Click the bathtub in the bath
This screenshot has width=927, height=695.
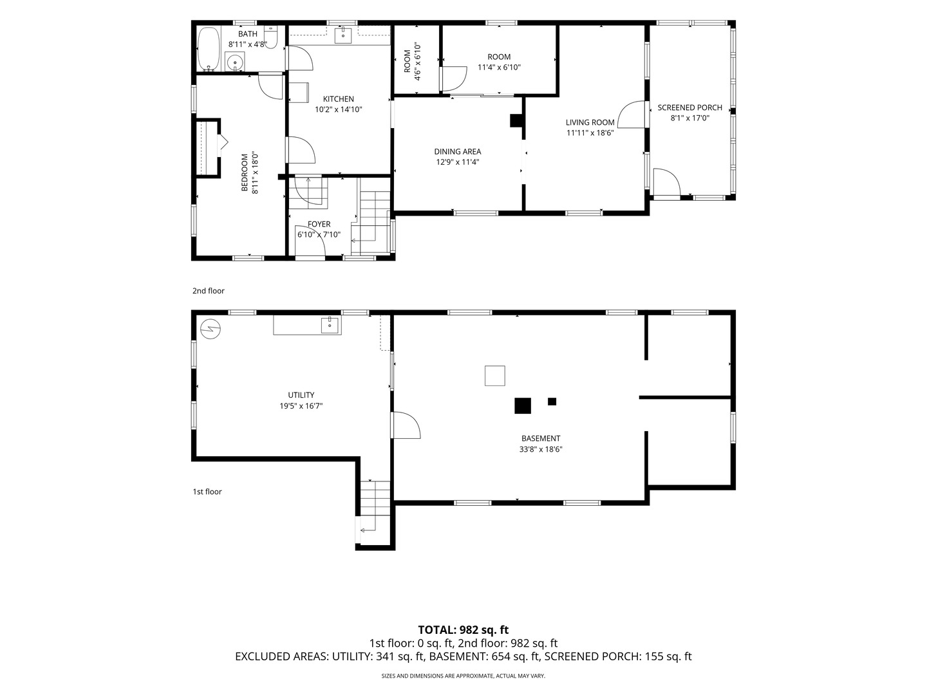[x=208, y=48]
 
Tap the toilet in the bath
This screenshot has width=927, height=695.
[x=271, y=37]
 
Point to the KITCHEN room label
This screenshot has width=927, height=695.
[x=338, y=99]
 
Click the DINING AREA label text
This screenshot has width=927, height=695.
[x=457, y=151]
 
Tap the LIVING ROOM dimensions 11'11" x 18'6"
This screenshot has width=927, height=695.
[x=590, y=133]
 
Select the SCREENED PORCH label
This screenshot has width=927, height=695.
[x=689, y=107]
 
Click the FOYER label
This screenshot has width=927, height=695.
[x=319, y=224]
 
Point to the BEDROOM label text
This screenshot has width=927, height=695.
[x=245, y=172]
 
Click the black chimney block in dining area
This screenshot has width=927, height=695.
[x=516, y=121]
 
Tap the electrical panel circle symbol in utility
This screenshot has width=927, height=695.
[x=211, y=329]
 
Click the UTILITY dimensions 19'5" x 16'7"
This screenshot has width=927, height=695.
[x=301, y=406]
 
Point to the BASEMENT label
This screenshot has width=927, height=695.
[x=541, y=438]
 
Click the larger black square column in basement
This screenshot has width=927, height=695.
[x=523, y=405]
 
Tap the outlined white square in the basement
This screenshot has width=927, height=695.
[x=495, y=376]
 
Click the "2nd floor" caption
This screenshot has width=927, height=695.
[x=209, y=291]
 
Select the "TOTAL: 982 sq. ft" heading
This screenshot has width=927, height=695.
[x=464, y=629]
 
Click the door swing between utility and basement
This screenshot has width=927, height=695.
[x=406, y=425]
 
